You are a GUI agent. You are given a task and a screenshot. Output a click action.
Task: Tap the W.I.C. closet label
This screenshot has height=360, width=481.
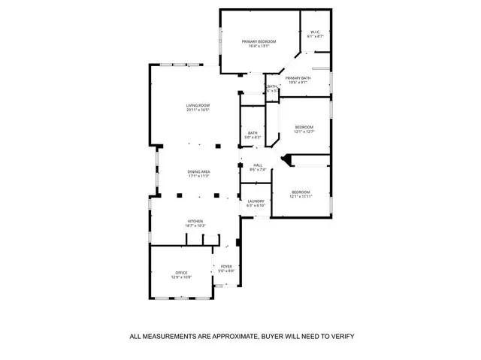pos(316,32)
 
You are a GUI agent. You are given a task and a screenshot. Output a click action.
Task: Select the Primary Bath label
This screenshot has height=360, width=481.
pos(298,77)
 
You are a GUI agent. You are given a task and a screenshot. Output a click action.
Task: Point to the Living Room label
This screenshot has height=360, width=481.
pos(198,105)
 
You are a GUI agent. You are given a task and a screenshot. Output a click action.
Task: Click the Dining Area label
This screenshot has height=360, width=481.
pos(198,171)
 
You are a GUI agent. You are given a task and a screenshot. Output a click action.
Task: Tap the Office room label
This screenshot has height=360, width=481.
pos(181,273)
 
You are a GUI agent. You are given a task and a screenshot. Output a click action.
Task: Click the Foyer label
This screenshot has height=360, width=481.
pos(226,266)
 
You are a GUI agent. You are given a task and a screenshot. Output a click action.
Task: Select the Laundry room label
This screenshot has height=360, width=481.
pos(256,201)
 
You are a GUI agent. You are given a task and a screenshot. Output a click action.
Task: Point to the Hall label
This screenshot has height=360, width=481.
pos(258,165)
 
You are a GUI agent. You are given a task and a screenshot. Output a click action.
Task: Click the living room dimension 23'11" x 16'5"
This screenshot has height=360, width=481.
pos(198,110)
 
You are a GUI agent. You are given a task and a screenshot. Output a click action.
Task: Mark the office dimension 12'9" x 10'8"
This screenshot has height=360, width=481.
pos(183,277)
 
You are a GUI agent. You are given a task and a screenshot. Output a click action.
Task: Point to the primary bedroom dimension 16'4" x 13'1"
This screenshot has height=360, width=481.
pos(259,46)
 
